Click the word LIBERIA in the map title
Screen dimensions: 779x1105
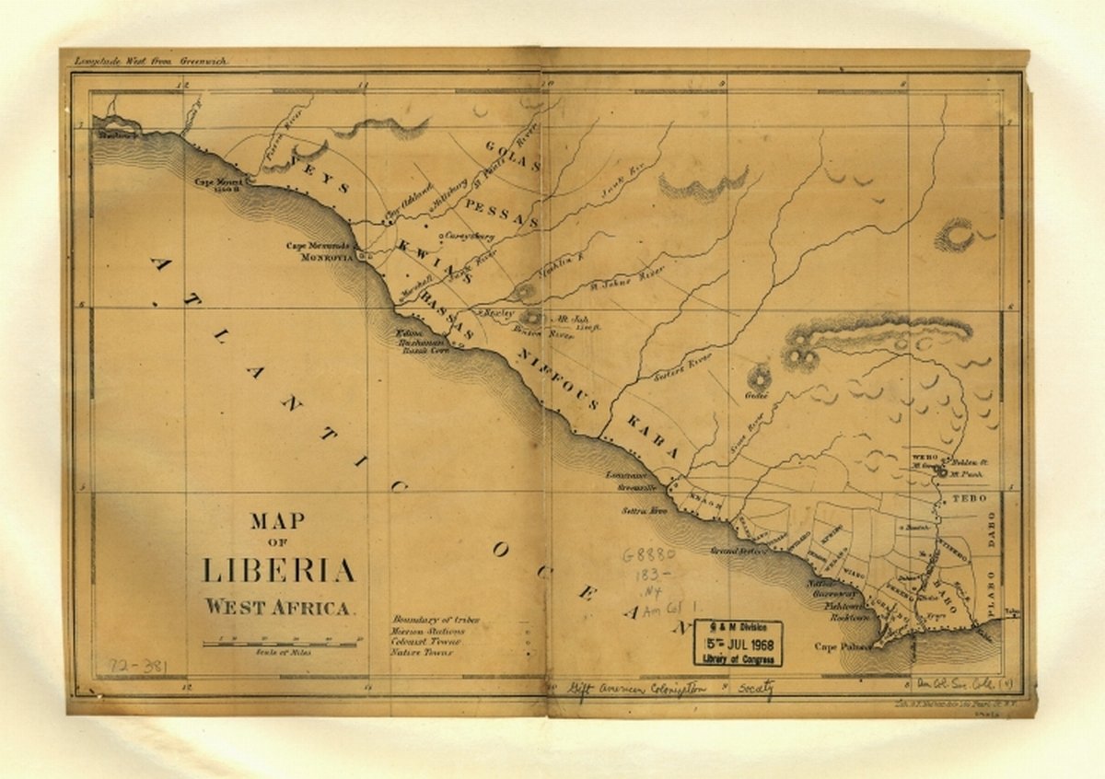point(278,571)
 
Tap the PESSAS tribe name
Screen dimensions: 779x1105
point(501,213)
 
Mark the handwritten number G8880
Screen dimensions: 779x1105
point(648,556)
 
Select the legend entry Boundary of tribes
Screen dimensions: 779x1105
point(436,620)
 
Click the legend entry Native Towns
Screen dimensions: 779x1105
point(422,653)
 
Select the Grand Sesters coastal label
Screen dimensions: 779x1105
point(739,551)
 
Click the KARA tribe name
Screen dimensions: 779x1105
point(653,437)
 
